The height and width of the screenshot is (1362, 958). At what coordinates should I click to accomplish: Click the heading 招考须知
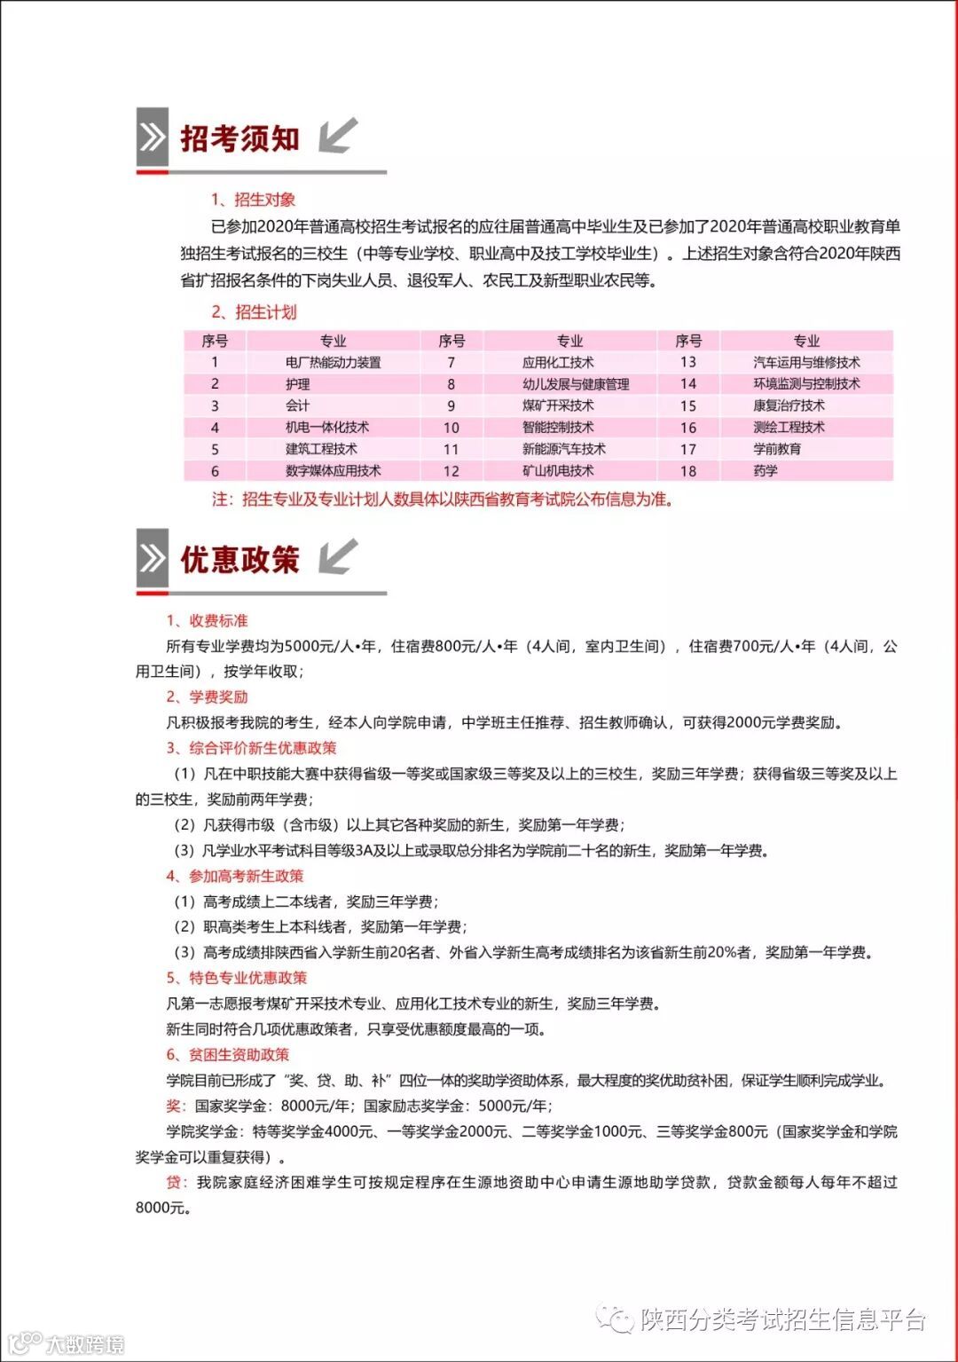pyautogui.click(x=239, y=139)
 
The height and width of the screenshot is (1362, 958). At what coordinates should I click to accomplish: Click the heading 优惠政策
pyautogui.click(x=239, y=560)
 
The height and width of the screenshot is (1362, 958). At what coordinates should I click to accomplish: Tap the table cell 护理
pyautogui.click(x=298, y=384)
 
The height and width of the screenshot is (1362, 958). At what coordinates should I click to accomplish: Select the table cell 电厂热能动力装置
pyautogui.click(x=333, y=362)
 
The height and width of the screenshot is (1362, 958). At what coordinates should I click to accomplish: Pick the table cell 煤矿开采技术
pyautogui.click(x=558, y=405)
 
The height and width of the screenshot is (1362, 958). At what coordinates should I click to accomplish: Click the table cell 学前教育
pyautogui.click(x=777, y=449)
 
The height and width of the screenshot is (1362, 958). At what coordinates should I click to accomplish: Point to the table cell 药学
pyautogui.click(x=766, y=470)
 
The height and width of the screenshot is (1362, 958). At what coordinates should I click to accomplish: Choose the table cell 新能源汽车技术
pyautogui.click(x=563, y=449)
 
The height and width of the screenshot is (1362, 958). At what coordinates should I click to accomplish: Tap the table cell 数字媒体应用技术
pyautogui.click(x=333, y=470)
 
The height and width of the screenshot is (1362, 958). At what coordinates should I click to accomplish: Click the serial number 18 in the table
pyautogui.click(x=688, y=471)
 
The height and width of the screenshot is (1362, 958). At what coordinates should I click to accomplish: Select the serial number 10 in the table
pyautogui.click(x=452, y=428)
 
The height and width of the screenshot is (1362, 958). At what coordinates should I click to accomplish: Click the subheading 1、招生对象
pyautogui.click(x=253, y=200)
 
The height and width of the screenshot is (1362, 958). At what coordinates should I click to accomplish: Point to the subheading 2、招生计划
pyautogui.click(x=254, y=311)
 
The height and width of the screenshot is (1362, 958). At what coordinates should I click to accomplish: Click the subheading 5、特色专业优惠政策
pyautogui.click(x=237, y=978)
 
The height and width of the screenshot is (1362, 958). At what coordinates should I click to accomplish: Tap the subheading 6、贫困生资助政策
pyautogui.click(x=228, y=1054)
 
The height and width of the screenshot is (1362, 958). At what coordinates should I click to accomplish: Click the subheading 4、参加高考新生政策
pyautogui.click(x=235, y=876)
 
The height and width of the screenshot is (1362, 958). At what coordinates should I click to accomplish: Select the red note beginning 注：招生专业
pyautogui.click(x=442, y=500)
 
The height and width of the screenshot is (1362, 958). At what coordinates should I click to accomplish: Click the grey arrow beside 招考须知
pyautogui.click(x=338, y=136)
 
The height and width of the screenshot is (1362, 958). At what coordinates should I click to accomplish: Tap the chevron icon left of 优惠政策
pyautogui.click(x=153, y=558)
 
